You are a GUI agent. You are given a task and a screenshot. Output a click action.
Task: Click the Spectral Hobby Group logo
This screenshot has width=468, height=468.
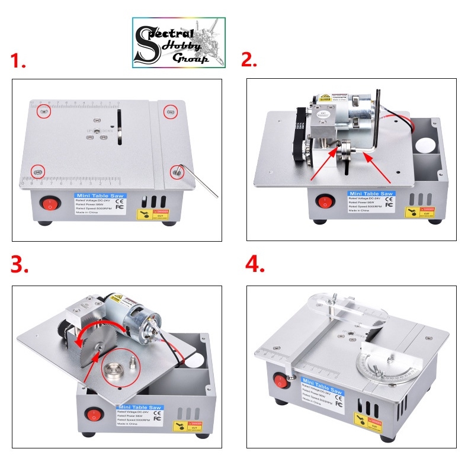(178, 42)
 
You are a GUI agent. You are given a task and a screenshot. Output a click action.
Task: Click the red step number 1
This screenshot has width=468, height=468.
(18, 62)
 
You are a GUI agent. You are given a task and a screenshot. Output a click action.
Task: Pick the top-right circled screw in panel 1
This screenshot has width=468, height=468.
(171, 110)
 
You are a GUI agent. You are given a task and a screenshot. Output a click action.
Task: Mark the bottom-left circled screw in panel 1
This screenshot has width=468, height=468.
(37, 170)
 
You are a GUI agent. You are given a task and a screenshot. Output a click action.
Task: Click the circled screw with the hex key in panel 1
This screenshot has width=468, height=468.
(176, 172)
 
